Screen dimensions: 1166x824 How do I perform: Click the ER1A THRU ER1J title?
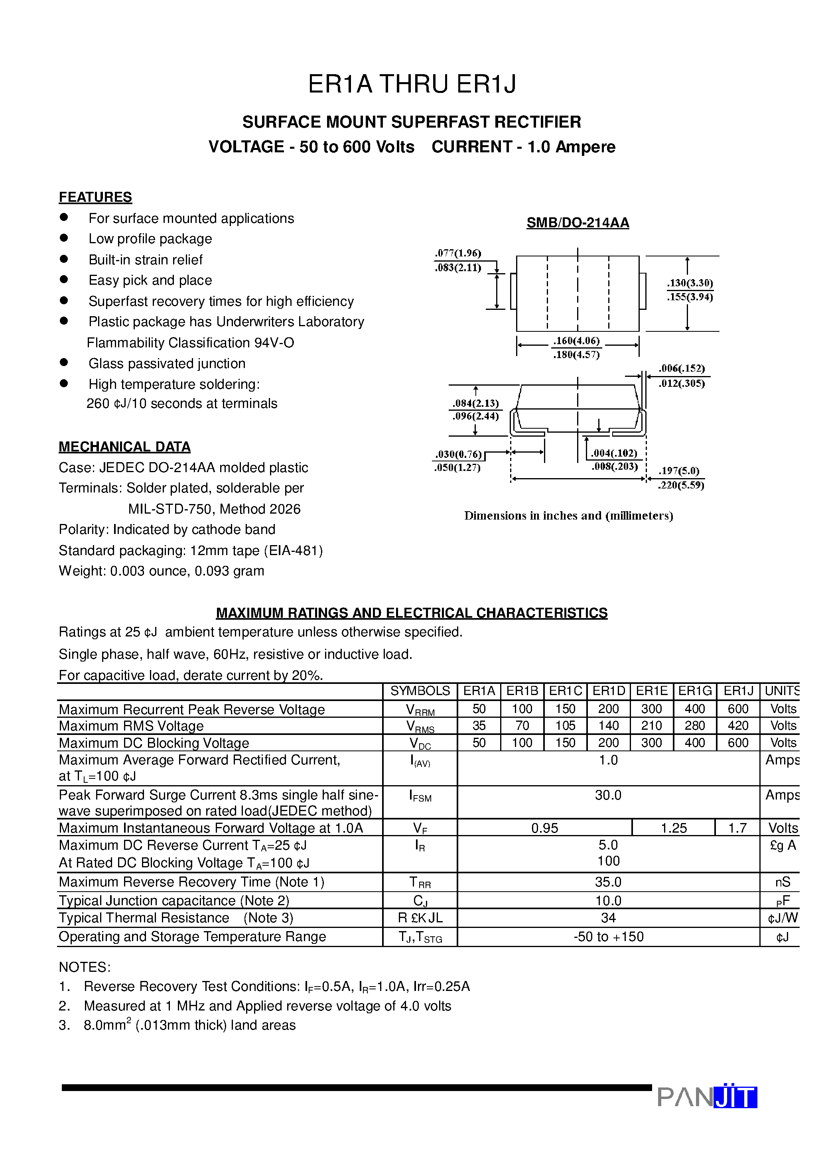[412, 84]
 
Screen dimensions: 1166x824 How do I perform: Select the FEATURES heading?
[95, 197]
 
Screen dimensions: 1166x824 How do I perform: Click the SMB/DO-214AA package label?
[578, 223]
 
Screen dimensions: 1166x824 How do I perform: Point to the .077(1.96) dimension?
[458, 253]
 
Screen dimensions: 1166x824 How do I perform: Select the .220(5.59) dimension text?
[681, 485]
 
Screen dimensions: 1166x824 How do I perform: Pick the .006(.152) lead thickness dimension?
[682, 368]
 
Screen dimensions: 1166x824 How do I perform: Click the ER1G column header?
[694, 691]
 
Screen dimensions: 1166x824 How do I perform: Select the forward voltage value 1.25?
[674, 828]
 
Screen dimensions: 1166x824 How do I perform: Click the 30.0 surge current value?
[608, 795]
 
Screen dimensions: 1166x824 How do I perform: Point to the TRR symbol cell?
[420, 882]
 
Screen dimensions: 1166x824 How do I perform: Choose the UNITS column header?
[781, 691]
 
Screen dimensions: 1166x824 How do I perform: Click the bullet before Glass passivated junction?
[64, 362]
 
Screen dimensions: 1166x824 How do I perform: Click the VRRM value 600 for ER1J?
[737, 709]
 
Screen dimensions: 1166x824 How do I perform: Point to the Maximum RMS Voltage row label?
[131, 726]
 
